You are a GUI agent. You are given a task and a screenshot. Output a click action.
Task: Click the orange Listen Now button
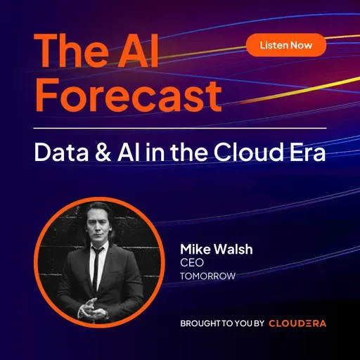click(286, 45)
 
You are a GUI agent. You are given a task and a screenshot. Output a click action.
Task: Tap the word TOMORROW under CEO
click(207, 276)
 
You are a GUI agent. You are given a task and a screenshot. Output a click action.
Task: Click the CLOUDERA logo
click(297, 323)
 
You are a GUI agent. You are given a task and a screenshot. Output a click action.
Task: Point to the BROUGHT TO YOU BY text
click(221, 323)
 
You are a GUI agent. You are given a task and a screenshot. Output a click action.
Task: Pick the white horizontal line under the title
click(180, 128)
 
